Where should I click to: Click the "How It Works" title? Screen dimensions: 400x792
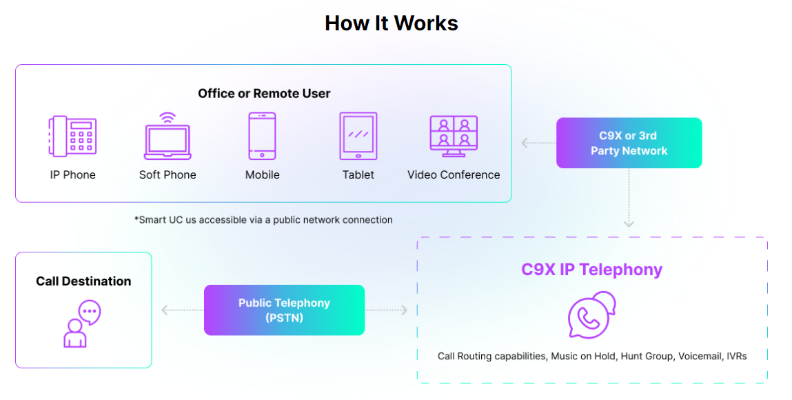point(391,23)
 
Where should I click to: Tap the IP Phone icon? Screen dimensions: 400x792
point(72,136)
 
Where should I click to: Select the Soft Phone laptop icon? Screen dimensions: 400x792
point(167,136)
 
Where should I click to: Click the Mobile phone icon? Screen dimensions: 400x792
point(262,136)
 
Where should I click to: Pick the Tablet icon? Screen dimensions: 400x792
point(358,136)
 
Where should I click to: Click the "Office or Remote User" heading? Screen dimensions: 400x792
point(264,93)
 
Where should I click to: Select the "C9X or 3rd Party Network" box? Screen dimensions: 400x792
point(629,143)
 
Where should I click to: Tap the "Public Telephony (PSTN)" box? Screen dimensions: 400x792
point(284,310)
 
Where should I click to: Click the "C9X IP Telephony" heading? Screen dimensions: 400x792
point(591,270)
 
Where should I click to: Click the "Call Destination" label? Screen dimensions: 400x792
point(83,281)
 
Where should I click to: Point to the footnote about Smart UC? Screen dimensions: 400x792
point(263,220)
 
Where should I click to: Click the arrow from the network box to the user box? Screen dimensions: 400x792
point(538,143)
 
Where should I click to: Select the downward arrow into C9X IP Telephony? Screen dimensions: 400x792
point(629,207)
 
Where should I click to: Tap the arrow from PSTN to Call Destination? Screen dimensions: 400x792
point(181,310)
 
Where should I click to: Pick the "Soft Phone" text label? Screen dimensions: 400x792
point(167,175)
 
